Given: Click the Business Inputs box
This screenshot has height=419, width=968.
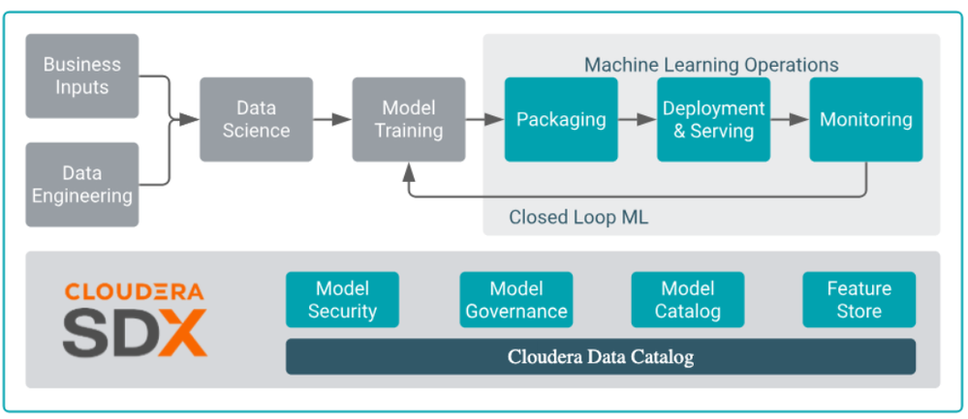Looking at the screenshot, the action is point(82,75).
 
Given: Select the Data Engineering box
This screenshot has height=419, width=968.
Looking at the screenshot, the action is point(82,184).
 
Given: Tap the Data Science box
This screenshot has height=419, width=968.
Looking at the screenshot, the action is point(256,120).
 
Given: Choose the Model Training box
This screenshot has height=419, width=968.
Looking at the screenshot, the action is point(409,120).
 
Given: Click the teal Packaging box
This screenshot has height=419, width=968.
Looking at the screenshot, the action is point(561,120).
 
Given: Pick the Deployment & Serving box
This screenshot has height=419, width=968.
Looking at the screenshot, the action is point(714,120).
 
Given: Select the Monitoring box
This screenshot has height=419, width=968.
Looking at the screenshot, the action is point(866,120).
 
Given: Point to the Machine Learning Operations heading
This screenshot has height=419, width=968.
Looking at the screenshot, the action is point(712,65).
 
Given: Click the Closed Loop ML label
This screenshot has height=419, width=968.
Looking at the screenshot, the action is point(578,218).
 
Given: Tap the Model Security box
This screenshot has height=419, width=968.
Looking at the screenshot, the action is point(342,299).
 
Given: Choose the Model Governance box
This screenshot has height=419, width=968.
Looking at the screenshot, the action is point(516,299).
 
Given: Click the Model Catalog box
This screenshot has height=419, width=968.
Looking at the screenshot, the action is point(688,299).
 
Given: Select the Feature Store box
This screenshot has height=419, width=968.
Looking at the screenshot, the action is point(859,299).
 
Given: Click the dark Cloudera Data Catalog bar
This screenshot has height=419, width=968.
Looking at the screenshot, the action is point(601,356).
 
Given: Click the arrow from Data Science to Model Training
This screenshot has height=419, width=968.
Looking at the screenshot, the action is point(332,120).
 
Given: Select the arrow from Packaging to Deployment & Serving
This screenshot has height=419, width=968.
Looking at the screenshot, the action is point(638,120).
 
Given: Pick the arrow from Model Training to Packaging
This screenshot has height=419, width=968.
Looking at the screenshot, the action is point(484,120).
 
